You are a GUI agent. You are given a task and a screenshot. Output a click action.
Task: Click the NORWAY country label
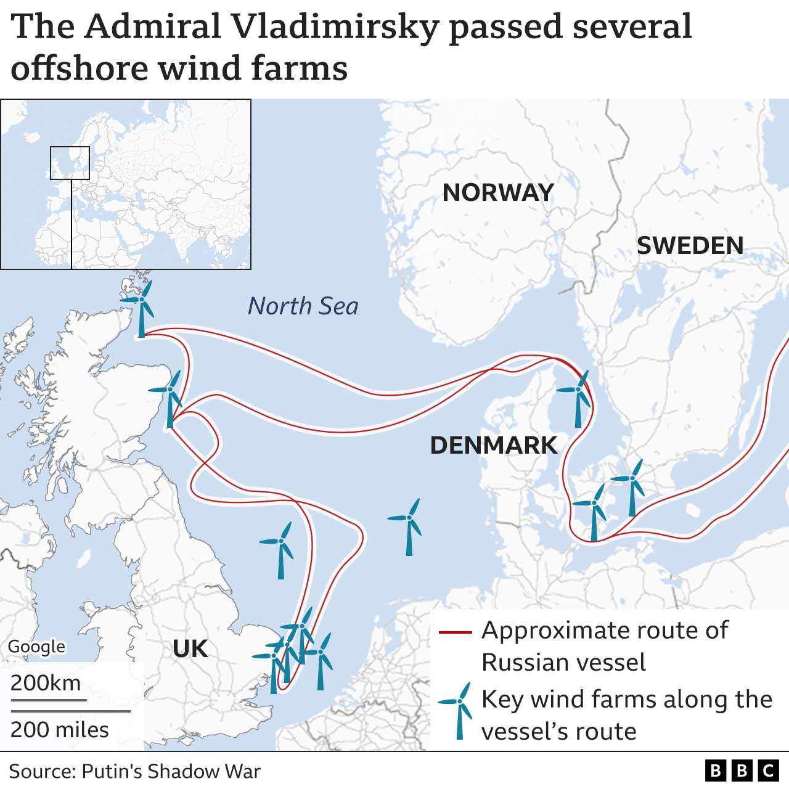[498, 193]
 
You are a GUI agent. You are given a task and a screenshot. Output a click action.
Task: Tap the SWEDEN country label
[690, 246]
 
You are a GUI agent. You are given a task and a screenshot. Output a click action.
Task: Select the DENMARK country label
[493, 445]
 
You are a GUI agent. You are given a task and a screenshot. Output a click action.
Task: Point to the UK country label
[190, 649]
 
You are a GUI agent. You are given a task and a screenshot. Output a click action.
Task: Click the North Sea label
[303, 306]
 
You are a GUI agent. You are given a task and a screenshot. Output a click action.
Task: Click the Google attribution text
[36, 647]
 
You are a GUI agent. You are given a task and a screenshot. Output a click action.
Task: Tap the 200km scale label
[46, 683]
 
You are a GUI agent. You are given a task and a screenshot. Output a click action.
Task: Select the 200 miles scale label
[60, 730]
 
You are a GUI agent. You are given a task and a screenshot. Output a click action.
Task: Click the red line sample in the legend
[455, 632]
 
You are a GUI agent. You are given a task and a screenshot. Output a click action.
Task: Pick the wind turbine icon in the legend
[457, 709]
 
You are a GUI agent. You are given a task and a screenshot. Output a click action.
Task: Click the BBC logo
[742, 771]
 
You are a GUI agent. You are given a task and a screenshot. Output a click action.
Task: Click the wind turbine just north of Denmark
[578, 398]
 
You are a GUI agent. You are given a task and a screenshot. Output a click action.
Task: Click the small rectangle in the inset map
[70, 163]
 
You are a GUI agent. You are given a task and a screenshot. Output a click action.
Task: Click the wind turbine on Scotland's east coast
[170, 398]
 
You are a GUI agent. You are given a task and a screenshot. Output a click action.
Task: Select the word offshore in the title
[80, 68]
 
